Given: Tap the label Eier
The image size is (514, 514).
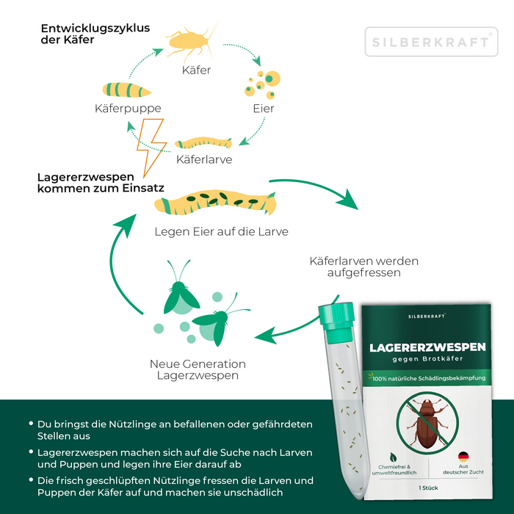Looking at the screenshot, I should tap(263, 108).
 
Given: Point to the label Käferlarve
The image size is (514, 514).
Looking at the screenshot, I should tap(205, 158).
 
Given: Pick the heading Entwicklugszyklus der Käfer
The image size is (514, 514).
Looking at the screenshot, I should tap(95, 34).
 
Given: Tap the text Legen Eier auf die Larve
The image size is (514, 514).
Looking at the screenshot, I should tap(221, 231).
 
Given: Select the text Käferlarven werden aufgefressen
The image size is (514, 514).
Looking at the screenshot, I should tap(354, 266).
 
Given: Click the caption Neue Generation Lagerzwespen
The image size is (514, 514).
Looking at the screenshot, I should tap(198, 369).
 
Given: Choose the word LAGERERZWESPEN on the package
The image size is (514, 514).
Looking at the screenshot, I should tap(427, 347).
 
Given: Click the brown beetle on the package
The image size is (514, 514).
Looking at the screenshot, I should tap(426, 423).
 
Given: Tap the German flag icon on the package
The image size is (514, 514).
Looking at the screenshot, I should tap(463, 457).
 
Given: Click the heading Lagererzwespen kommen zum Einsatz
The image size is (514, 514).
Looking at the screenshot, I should tap(100, 182).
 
